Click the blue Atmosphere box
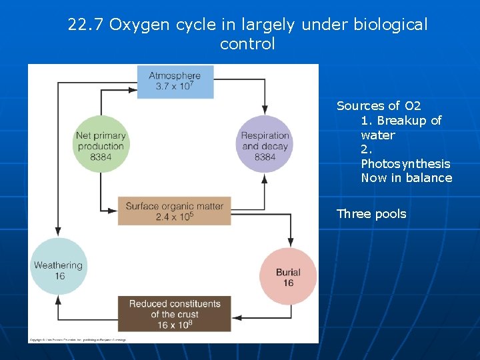coord(175,81)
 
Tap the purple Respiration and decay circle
coord(265,143)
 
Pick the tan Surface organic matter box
coord(175,211)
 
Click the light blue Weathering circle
coord(59,267)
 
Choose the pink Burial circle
coord(288,276)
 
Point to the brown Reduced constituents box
coord(175,314)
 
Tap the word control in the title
coord(247,45)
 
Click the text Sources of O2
coord(378,106)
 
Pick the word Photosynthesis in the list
coord(405,163)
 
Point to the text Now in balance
coord(406,178)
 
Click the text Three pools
coord(371,214)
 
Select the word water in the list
coord(377,135)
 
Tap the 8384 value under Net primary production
coord(100,157)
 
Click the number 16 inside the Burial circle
coord(288,283)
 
